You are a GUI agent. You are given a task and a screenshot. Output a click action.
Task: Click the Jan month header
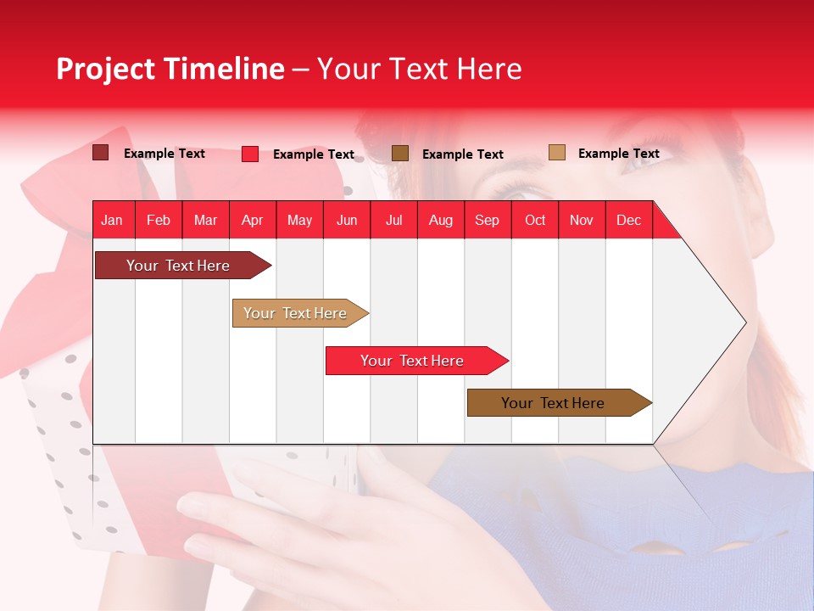click(112, 220)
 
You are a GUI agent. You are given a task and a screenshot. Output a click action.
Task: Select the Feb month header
click(159, 220)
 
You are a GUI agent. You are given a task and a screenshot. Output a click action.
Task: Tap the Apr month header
click(252, 220)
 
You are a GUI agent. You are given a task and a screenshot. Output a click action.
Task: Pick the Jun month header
click(347, 220)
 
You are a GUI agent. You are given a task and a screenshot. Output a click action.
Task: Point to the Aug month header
click(440, 220)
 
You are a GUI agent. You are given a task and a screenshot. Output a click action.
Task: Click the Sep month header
click(487, 220)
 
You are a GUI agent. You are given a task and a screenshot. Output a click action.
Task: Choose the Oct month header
click(535, 220)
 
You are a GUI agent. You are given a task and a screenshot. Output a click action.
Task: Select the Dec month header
click(628, 220)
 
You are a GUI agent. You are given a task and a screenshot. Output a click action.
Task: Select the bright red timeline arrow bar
click(413, 361)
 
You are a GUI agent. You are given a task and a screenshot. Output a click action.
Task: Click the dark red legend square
click(100, 153)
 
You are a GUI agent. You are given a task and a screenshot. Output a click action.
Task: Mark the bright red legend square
click(250, 154)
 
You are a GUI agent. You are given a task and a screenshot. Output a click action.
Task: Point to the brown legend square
click(400, 153)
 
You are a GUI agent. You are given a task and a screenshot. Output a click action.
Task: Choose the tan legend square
click(556, 153)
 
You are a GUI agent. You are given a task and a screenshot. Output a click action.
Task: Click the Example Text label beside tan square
click(618, 154)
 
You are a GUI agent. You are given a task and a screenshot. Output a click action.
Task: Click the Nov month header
click(581, 220)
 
